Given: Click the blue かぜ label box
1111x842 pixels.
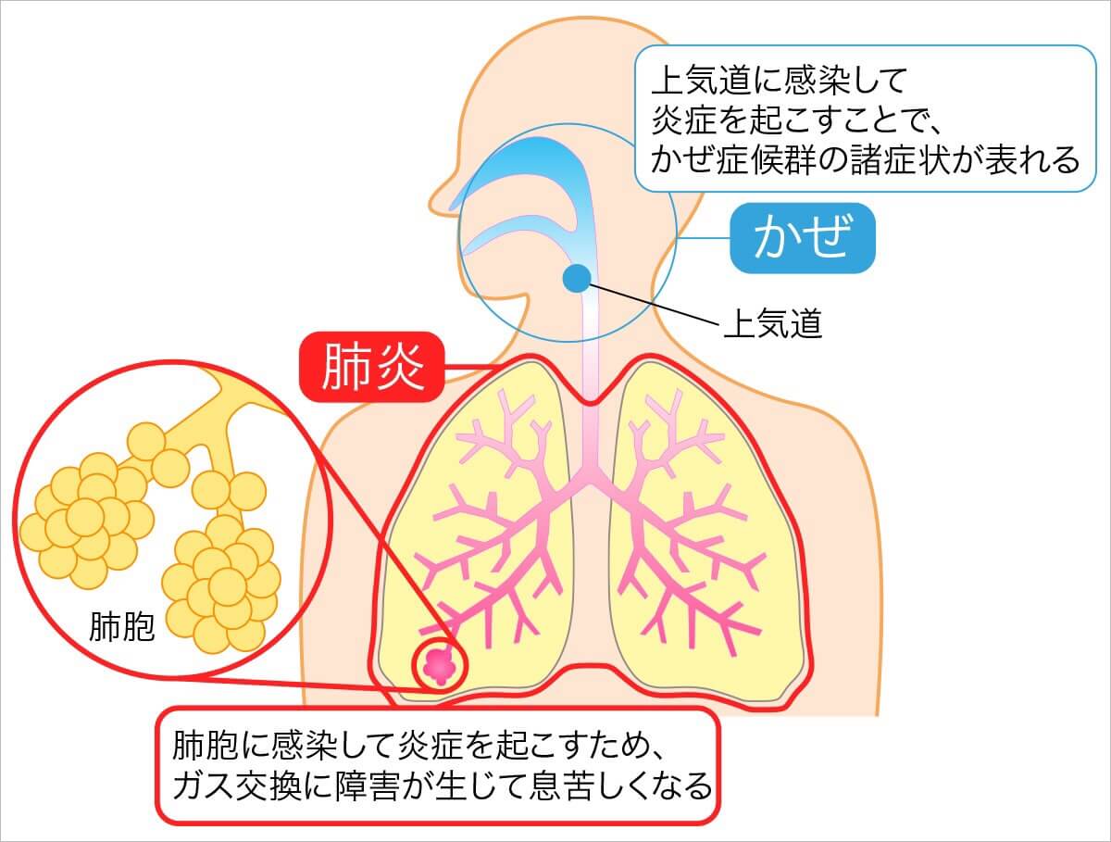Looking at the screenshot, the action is [x=803, y=238].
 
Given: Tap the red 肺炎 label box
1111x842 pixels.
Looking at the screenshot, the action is [x=372, y=367].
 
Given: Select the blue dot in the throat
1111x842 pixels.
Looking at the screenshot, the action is [x=577, y=278].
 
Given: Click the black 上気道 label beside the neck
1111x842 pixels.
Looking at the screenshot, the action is [x=773, y=323].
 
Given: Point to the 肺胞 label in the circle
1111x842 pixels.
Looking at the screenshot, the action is [x=122, y=626].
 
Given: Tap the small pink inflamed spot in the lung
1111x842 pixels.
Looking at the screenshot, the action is [x=439, y=667].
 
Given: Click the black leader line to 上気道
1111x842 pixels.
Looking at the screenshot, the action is [x=655, y=303].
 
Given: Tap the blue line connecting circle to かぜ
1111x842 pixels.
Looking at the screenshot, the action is [x=703, y=238].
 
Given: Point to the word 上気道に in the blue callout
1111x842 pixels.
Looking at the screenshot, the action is [x=709, y=81].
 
